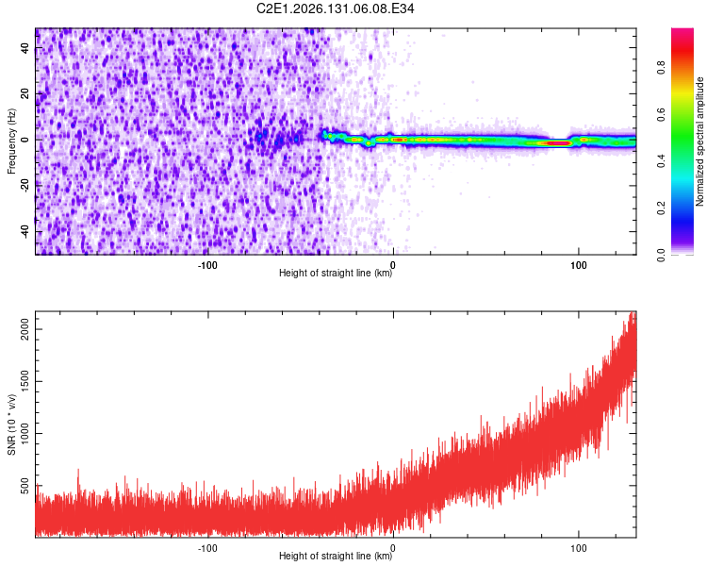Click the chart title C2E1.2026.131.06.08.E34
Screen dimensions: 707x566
click(335, 8)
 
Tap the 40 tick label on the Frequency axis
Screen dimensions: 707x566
click(25, 48)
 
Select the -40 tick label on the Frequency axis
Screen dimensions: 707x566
click(25, 232)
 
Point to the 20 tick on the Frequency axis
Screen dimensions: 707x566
click(25, 94)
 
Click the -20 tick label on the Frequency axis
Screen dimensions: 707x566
click(25, 186)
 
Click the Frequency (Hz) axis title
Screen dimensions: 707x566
click(11, 141)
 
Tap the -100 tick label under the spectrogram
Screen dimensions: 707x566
click(207, 265)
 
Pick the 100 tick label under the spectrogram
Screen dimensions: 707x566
click(579, 265)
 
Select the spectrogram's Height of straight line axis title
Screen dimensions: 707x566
click(336, 273)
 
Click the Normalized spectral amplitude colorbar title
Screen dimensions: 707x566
click(699, 141)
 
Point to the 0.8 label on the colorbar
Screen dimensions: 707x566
click(661, 68)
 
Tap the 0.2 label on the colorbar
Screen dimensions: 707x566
click(661, 208)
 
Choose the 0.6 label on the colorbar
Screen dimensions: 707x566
click(661, 115)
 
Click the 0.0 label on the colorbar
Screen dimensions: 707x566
click(661, 256)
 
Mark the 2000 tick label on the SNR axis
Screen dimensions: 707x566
click(25, 329)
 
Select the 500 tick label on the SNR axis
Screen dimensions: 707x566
click(25, 486)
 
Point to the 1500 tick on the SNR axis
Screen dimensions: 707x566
click(25, 381)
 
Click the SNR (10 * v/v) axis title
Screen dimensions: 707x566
click(11, 424)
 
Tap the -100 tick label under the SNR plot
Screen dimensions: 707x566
click(207, 548)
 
